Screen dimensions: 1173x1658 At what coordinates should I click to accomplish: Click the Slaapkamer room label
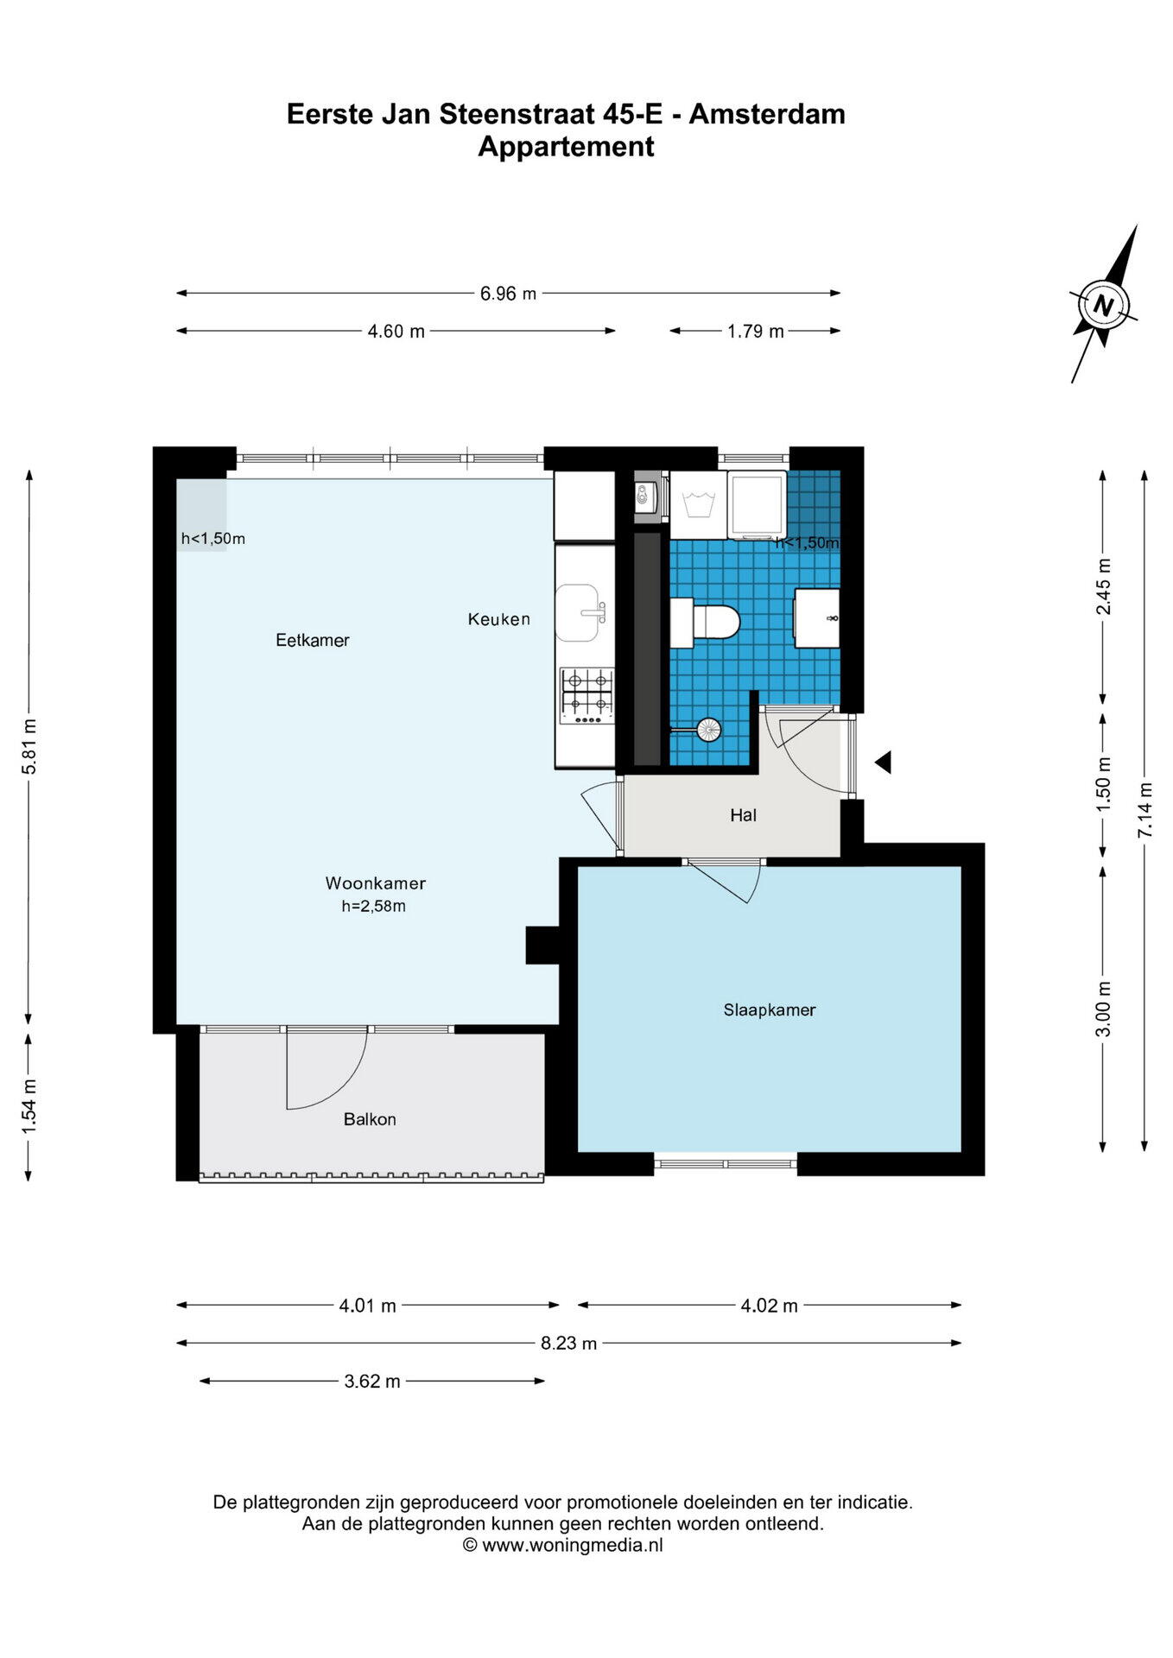tap(769, 1009)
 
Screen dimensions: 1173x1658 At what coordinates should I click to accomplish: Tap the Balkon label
tap(370, 1119)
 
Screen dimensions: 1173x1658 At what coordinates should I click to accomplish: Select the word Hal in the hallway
tap(743, 815)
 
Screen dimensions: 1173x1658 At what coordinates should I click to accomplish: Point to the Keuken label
tap(499, 619)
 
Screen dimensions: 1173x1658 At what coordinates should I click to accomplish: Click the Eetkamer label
tap(313, 640)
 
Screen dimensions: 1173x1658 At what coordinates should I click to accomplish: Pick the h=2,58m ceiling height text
tap(374, 907)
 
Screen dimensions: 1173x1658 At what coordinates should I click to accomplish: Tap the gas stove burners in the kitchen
tap(587, 695)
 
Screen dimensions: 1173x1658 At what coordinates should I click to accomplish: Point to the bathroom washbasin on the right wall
tap(817, 618)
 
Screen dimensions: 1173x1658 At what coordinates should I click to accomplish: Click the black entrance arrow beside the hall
tap(882, 763)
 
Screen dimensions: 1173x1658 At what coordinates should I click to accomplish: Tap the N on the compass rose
tap(1103, 306)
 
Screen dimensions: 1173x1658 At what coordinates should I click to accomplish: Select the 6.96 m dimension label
tap(508, 294)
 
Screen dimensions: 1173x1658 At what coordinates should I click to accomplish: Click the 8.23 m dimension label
tap(568, 1343)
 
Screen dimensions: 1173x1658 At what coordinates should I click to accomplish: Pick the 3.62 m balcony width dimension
tap(372, 1381)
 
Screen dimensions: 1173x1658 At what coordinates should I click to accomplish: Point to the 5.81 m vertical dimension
tap(29, 746)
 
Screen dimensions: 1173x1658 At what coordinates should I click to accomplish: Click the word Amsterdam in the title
tap(767, 114)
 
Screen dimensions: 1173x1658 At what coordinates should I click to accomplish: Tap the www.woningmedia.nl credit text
tap(573, 1546)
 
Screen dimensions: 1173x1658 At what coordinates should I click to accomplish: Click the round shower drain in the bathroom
tap(709, 730)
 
